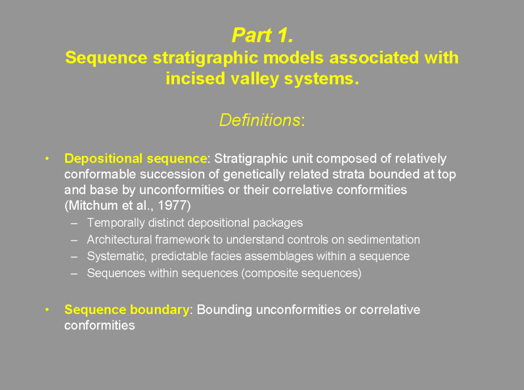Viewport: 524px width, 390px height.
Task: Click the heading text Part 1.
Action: (263, 35)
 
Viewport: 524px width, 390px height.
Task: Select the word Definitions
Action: (260, 120)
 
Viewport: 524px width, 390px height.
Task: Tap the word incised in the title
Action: (194, 78)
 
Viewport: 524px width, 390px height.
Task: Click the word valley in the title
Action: (254, 79)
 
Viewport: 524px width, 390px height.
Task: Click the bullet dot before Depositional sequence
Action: (47, 158)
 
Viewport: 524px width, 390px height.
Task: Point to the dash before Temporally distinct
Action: (74, 223)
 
